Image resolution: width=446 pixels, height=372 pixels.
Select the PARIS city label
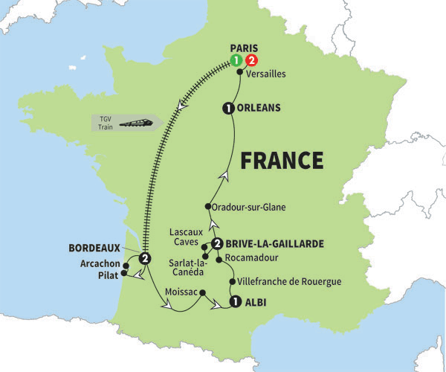click(243, 47)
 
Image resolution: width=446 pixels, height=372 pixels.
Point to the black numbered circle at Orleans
click(227, 109)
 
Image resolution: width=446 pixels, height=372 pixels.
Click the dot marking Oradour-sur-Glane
click(207, 207)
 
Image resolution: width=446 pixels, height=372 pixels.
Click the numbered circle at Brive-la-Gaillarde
click(217, 244)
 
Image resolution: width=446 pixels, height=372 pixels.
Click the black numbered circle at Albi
click(235, 302)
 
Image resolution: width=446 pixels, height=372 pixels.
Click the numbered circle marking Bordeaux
click(145, 258)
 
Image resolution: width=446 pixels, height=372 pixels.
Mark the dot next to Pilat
click(124, 274)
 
